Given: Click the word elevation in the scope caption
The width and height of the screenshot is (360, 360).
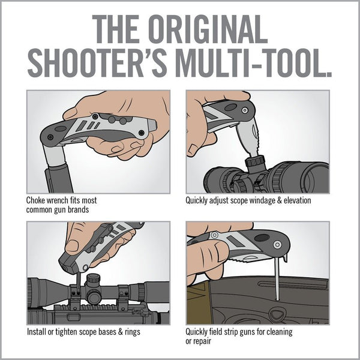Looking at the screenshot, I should coord(295,200).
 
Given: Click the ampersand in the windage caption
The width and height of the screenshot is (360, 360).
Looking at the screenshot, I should coord(277,200).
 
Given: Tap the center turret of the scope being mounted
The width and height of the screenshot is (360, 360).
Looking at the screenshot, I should coord(93,282).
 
